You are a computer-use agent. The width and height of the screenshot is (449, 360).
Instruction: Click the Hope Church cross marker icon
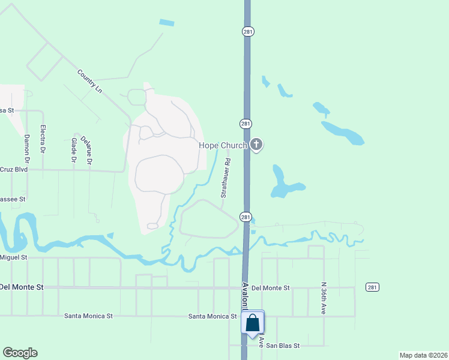256,145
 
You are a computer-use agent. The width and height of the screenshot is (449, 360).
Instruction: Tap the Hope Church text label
223,146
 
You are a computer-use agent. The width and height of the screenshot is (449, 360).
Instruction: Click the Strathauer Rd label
226,178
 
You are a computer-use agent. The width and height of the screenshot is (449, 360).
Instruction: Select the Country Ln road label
89,81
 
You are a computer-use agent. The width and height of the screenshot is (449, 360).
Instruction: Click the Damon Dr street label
27,148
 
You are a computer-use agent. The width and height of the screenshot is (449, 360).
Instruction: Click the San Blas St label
282,346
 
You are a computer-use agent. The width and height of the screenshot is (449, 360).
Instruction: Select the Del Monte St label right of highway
270,288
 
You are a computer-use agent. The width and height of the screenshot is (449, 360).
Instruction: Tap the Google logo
20,353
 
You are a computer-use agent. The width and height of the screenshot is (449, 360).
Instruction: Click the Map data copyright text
423,355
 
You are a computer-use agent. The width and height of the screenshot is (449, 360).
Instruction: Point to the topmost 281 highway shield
247,31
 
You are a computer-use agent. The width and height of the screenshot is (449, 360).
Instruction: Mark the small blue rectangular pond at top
167,23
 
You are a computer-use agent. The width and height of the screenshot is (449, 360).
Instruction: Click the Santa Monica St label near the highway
212,316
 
